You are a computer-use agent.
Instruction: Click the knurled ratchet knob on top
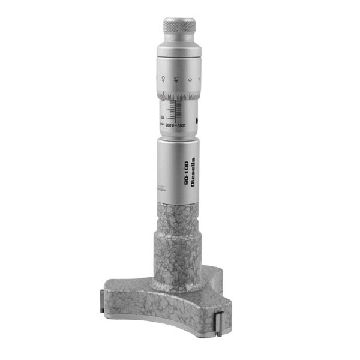coord(179,26)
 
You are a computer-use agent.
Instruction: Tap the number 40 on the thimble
coord(163,79)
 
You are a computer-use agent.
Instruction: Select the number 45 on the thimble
coord(176,79)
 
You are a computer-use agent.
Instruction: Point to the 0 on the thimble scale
coord(190,79)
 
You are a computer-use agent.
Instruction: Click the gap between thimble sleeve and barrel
coord(179,137)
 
